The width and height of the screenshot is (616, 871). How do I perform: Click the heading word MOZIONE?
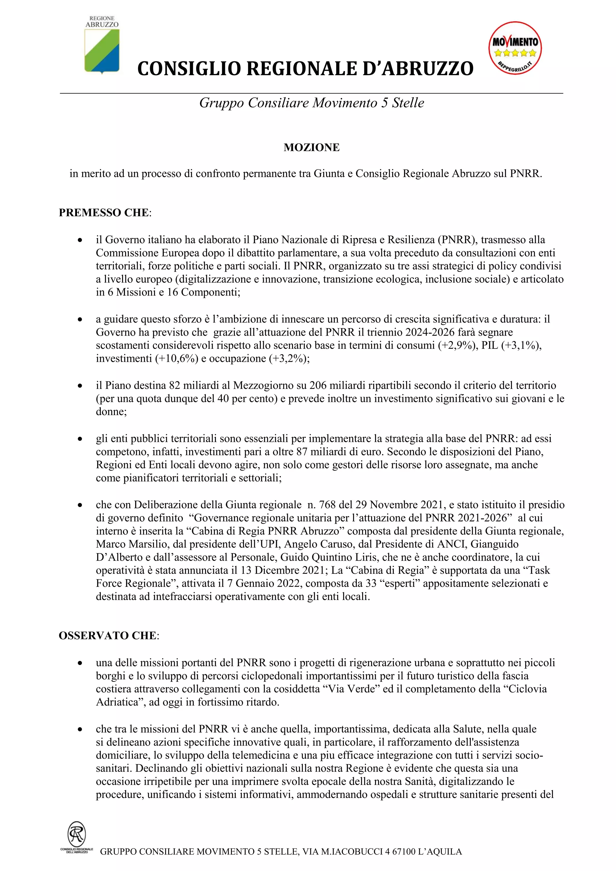coord(311,148)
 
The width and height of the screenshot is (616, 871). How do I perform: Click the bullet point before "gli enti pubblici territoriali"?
coord(80,439)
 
